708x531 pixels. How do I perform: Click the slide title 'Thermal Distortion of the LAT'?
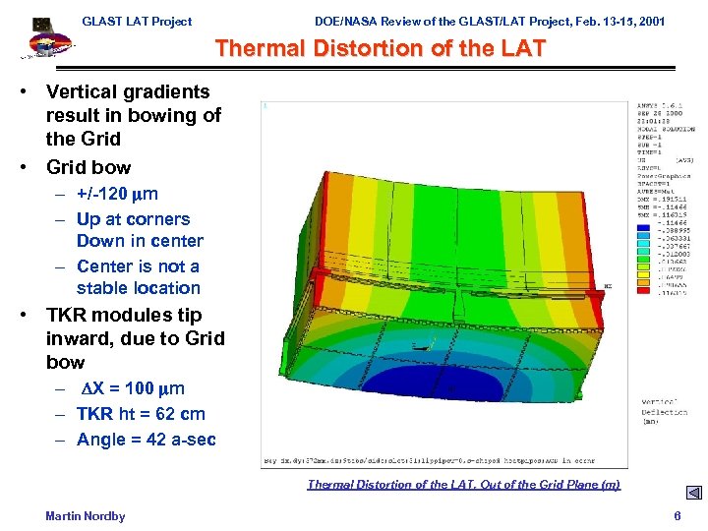(x=380, y=48)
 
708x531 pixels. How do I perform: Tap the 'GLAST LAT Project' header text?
(x=137, y=21)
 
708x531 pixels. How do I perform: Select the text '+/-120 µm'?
(x=117, y=194)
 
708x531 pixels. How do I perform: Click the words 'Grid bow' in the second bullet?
(x=88, y=167)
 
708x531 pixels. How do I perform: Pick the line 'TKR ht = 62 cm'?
(x=141, y=414)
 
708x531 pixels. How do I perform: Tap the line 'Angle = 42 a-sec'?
(x=146, y=440)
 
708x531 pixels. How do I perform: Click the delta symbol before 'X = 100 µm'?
(x=86, y=388)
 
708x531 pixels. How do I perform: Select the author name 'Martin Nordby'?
(x=86, y=515)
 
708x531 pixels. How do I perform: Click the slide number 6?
(x=677, y=515)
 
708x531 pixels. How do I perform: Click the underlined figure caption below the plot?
(x=463, y=484)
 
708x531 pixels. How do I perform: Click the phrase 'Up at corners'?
(x=133, y=219)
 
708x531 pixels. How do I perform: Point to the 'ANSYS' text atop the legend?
(x=651, y=105)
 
